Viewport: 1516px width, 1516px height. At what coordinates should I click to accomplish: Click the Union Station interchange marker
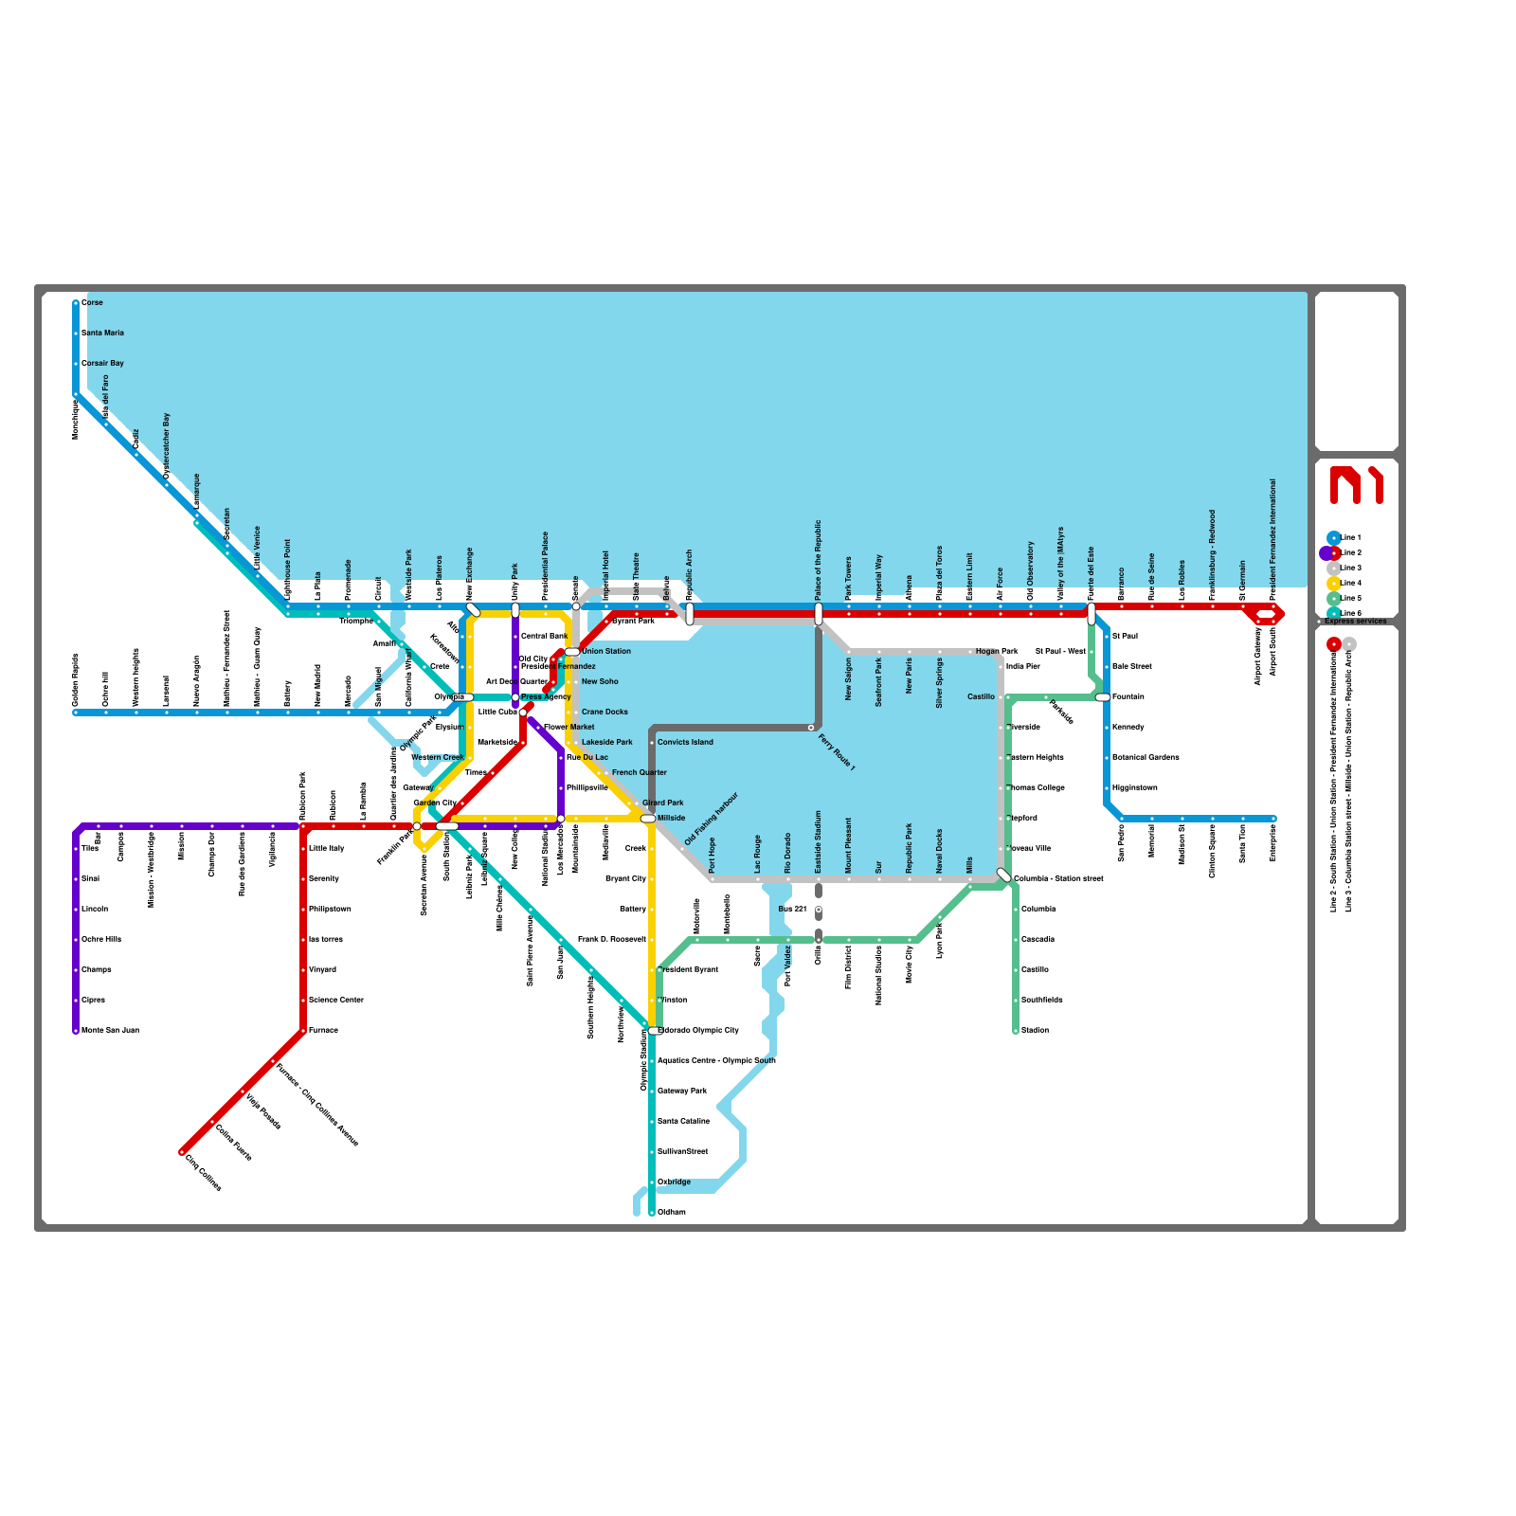572,652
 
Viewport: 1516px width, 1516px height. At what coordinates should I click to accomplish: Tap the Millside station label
671,818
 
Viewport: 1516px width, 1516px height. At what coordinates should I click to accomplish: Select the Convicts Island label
685,742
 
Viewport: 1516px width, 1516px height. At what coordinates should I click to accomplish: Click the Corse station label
92,302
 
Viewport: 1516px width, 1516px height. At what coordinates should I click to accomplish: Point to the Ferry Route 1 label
837,752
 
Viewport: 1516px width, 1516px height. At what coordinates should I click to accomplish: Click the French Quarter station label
639,772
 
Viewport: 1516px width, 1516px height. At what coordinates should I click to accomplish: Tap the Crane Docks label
605,712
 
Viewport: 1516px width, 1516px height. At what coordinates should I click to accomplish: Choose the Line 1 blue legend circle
1334,537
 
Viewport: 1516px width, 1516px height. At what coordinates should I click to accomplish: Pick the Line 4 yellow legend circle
1334,583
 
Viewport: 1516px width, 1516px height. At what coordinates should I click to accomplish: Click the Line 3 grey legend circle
1334,568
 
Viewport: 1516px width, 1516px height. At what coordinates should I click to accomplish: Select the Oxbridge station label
674,1182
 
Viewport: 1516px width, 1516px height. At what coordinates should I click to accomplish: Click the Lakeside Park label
606,742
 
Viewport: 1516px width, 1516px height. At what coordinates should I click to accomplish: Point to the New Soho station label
600,681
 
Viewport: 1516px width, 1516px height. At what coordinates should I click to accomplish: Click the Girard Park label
662,803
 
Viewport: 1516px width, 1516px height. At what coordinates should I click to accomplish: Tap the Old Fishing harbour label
711,820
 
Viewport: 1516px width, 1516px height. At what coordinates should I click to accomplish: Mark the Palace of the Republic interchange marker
819,614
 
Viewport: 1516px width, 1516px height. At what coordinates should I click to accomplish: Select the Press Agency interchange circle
515,697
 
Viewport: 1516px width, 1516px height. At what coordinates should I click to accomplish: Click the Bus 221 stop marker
819,911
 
